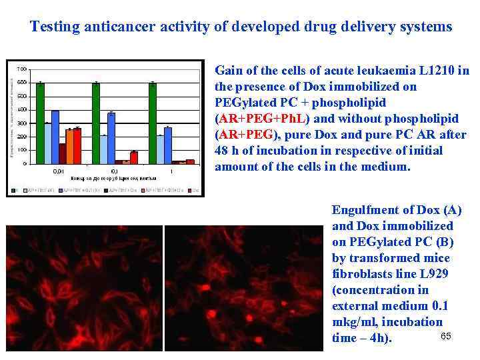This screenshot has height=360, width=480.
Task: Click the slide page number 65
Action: click(x=446, y=336)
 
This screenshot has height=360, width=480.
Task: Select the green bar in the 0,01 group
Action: click(x=40, y=123)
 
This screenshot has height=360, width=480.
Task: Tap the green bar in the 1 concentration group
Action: click(x=153, y=123)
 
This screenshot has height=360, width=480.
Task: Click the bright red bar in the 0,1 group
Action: click(x=133, y=157)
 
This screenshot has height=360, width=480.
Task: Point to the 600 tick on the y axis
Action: click(x=22, y=82)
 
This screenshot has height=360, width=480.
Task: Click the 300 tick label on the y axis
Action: click(x=22, y=123)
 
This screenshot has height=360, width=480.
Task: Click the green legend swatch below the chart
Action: click(x=13, y=190)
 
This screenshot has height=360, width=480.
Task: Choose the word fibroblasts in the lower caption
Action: click(x=360, y=274)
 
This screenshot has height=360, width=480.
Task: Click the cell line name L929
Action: click(x=433, y=274)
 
